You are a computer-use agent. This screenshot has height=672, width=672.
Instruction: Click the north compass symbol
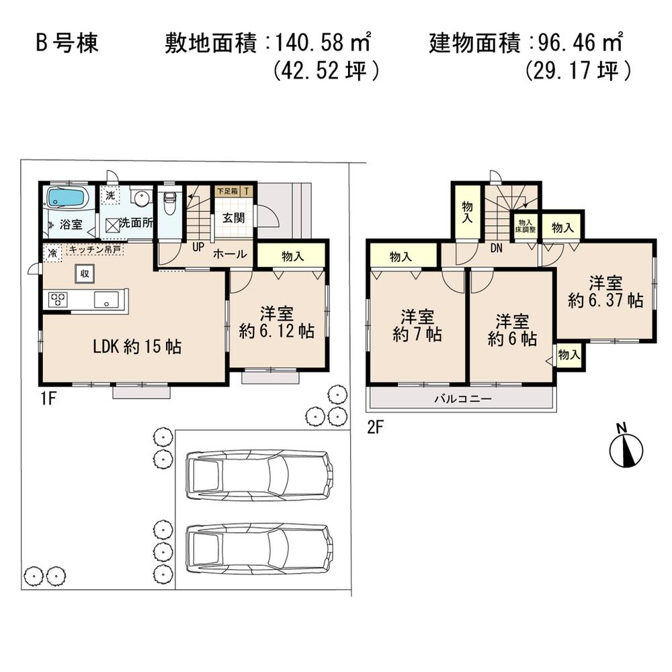pos(626,450)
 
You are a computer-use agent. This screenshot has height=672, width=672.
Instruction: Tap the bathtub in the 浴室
pos(65,198)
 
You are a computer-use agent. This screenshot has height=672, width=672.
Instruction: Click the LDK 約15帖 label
pos(136,347)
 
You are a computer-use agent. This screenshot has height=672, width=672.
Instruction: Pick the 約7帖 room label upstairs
pos(417,334)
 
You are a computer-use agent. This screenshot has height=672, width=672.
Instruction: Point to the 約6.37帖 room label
pos(605,300)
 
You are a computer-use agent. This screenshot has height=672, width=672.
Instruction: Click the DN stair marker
pos(497,249)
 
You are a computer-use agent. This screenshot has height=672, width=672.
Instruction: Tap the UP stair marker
pos(198,247)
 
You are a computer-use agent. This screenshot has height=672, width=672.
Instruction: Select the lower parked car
pos(259,547)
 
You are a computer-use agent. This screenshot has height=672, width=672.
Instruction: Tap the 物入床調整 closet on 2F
pos(526,225)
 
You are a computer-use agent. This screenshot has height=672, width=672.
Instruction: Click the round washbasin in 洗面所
pos(141,200)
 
